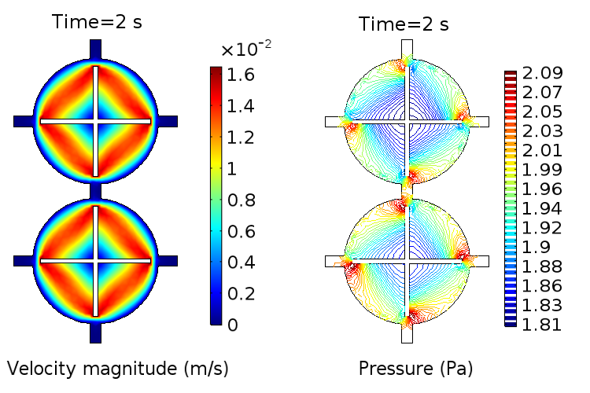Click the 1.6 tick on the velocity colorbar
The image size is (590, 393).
point(242,76)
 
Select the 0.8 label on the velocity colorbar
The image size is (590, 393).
point(242,200)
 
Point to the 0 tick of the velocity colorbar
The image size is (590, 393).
point(232,325)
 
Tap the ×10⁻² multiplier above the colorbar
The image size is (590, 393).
point(246,50)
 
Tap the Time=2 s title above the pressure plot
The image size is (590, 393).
point(404,24)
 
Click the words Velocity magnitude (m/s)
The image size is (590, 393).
point(118,368)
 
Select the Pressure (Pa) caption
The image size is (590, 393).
point(416,368)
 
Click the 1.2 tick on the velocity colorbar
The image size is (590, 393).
point(242,138)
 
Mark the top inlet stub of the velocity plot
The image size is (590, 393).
point(95,49)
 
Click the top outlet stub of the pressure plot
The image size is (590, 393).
point(407,50)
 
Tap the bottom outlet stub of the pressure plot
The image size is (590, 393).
point(407,333)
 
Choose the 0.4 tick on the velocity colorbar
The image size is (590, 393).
point(242,263)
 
